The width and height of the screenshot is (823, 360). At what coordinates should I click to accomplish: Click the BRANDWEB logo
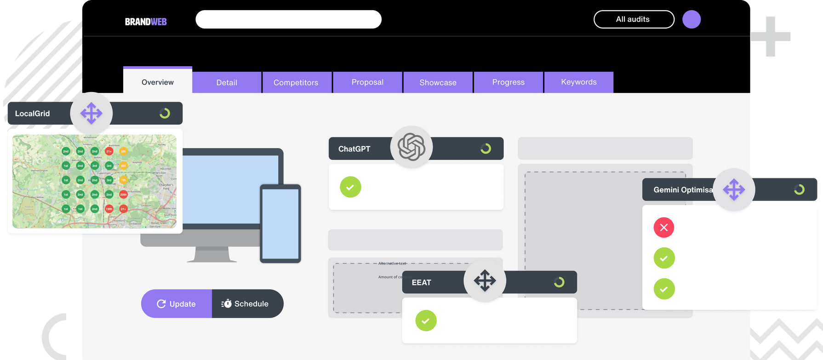pyautogui.click(x=146, y=22)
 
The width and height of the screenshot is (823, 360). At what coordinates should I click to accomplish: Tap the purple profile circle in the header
pyautogui.click(x=691, y=20)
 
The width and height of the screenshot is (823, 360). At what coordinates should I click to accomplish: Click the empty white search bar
pyautogui.click(x=288, y=19)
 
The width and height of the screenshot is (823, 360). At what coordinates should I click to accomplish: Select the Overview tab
pyautogui.click(x=158, y=82)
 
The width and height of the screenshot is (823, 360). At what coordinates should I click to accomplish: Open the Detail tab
pyautogui.click(x=227, y=82)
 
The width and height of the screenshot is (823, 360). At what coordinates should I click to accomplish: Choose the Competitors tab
pyautogui.click(x=296, y=82)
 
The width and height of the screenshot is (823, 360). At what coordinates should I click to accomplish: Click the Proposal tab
pyautogui.click(x=367, y=82)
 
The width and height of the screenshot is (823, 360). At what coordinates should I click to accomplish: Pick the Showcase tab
pyautogui.click(x=438, y=82)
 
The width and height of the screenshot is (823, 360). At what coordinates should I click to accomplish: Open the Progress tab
pyautogui.click(x=508, y=82)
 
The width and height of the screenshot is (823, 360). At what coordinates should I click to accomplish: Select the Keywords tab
pyautogui.click(x=578, y=82)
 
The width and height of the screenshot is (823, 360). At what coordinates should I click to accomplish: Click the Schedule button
pyautogui.click(x=247, y=303)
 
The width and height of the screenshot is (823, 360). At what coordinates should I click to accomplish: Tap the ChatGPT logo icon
pyautogui.click(x=411, y=147)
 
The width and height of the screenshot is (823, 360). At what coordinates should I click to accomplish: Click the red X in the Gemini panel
pyautogui.click(x=663, y=227)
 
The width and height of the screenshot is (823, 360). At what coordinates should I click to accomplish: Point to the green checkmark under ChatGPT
pyautogui.click(x=350, y=187)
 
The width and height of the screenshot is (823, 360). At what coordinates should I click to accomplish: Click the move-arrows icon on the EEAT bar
pyautogui.click(x=485, y=280)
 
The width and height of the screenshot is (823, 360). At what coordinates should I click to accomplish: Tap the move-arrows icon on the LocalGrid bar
pyautogui.click(x=91, y=113)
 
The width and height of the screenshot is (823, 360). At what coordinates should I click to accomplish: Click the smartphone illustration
pyautogui.click(x=280, y=223)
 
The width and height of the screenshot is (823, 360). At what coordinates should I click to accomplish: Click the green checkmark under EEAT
pyautogui.click(x=426, y=320)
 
